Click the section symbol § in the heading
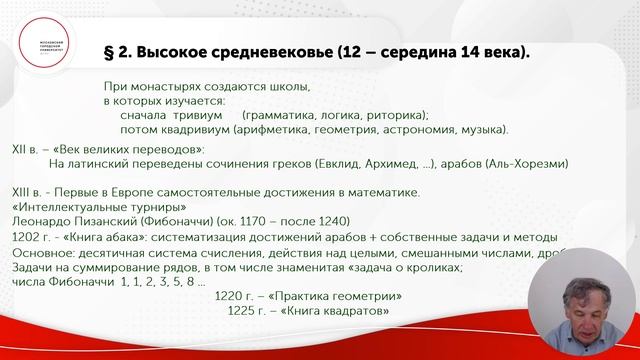tap(112, 51)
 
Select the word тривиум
tap(201, 115)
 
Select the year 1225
tap(245, 313)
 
